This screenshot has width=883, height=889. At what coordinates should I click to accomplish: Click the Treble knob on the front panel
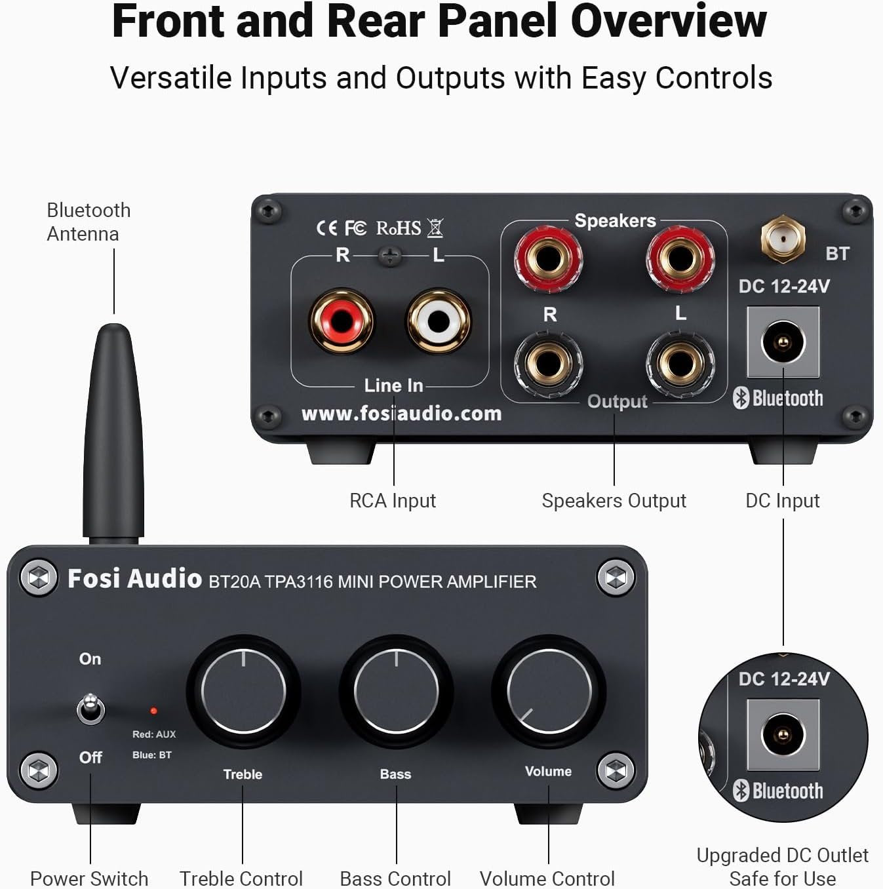coord(243,690)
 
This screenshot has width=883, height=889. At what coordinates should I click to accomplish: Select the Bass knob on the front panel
coord(396,690)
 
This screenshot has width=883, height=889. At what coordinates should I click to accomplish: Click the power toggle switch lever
coord(90,709)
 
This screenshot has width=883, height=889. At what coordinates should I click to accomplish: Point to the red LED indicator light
coord(153,711)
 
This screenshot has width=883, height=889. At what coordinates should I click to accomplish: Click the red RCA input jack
coord(342,321)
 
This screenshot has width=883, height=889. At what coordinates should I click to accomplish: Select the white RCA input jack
coord(439,321)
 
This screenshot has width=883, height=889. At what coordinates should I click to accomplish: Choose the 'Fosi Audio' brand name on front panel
coord(134,579)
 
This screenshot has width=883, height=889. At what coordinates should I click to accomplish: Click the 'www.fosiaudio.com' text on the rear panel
coord(401,414)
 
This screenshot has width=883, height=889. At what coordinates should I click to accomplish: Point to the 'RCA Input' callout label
coord(393,501)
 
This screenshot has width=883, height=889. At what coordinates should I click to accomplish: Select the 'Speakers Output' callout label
coord(614,501)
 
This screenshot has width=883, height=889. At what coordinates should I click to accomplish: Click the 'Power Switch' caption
coord(89,879)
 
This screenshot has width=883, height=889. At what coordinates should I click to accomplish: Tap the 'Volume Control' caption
coord(547,879)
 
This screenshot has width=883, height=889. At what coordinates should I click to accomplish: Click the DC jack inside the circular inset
coord(783,734)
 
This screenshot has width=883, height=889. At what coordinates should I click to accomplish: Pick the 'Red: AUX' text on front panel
coord(154,734)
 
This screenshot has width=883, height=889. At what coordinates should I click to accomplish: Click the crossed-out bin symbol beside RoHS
coord(435,227)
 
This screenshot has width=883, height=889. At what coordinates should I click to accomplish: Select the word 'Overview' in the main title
coord(668,21)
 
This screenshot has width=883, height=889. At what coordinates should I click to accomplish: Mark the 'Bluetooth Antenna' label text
coord(88,222)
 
